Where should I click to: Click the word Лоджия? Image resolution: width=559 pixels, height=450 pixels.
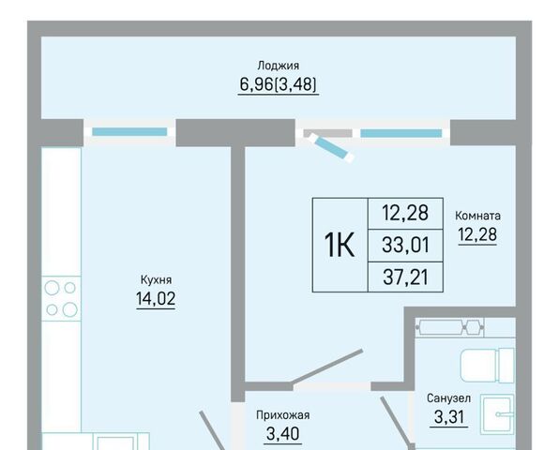tap(278, 66)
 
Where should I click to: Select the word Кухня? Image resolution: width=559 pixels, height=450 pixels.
tap(156, 280)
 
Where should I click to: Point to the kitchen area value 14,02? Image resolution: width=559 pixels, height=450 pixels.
tap(156, 298)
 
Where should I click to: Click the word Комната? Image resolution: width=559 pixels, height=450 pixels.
tap(477, 216)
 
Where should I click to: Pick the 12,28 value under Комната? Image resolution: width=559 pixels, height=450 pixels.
tap(477, 234)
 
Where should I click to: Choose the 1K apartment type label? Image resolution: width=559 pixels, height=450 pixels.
tap(339, 245)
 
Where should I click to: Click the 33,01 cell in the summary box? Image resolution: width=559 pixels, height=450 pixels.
tap(405, 245)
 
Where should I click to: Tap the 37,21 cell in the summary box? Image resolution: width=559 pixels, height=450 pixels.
tap(405, 277)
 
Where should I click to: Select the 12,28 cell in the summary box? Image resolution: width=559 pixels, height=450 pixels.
tap(405, 213)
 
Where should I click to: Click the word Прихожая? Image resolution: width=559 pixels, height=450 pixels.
tap(282, 415)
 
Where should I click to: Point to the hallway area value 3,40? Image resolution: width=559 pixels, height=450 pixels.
tap(282, 434)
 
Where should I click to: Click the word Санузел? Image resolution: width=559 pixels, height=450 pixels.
tap(448, 398)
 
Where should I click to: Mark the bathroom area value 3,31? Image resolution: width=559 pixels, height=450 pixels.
tap(449, 417)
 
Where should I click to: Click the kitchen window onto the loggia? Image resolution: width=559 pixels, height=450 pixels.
tap(129, 132)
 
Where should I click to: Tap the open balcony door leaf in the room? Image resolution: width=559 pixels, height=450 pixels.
tap(331, 147)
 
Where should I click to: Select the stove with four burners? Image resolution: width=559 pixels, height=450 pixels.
tap(61, 298)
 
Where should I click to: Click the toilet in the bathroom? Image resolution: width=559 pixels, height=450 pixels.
tap(488, 366)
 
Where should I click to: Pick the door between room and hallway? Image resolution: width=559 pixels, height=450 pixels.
tap(327, 367)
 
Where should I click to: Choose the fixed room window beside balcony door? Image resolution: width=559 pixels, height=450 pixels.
tap(401, 133)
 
